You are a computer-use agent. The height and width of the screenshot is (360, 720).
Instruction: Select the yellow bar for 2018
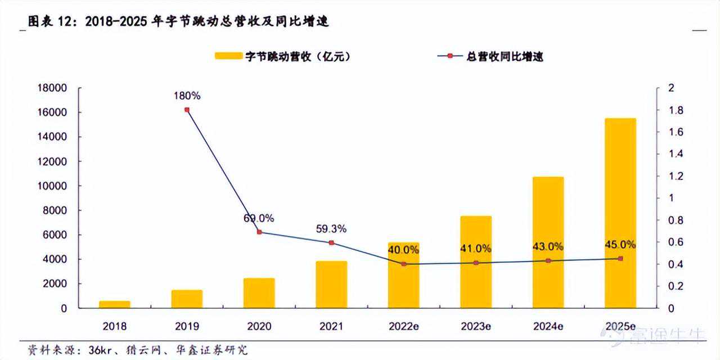(x=115, y=304)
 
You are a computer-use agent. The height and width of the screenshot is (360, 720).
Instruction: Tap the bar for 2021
(x=331, y=285)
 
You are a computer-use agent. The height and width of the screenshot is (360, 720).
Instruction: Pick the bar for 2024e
(x=548, y=242)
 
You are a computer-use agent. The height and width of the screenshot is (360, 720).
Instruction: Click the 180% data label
(x=187, y=96)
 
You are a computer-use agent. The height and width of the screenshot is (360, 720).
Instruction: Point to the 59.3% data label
(x=331, y=229)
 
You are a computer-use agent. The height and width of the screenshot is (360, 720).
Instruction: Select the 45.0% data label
(x=620, y=245)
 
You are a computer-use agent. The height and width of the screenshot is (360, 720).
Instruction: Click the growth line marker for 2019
(x=187, y=110)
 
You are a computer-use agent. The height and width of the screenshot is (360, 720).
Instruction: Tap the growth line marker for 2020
(x=259, y=232)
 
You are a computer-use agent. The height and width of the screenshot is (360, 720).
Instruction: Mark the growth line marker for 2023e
(x=476, y=263)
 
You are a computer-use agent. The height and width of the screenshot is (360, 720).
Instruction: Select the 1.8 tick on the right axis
(x=669, y=110)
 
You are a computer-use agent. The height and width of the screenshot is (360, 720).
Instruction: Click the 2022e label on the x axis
(x=403, y=326)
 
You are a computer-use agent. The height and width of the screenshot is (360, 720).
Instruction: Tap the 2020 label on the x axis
(x=259, y=326)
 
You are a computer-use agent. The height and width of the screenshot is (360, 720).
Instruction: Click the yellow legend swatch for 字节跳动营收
(x=228, y=56)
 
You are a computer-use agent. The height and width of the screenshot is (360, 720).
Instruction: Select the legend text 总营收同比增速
(x=505, y=56)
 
